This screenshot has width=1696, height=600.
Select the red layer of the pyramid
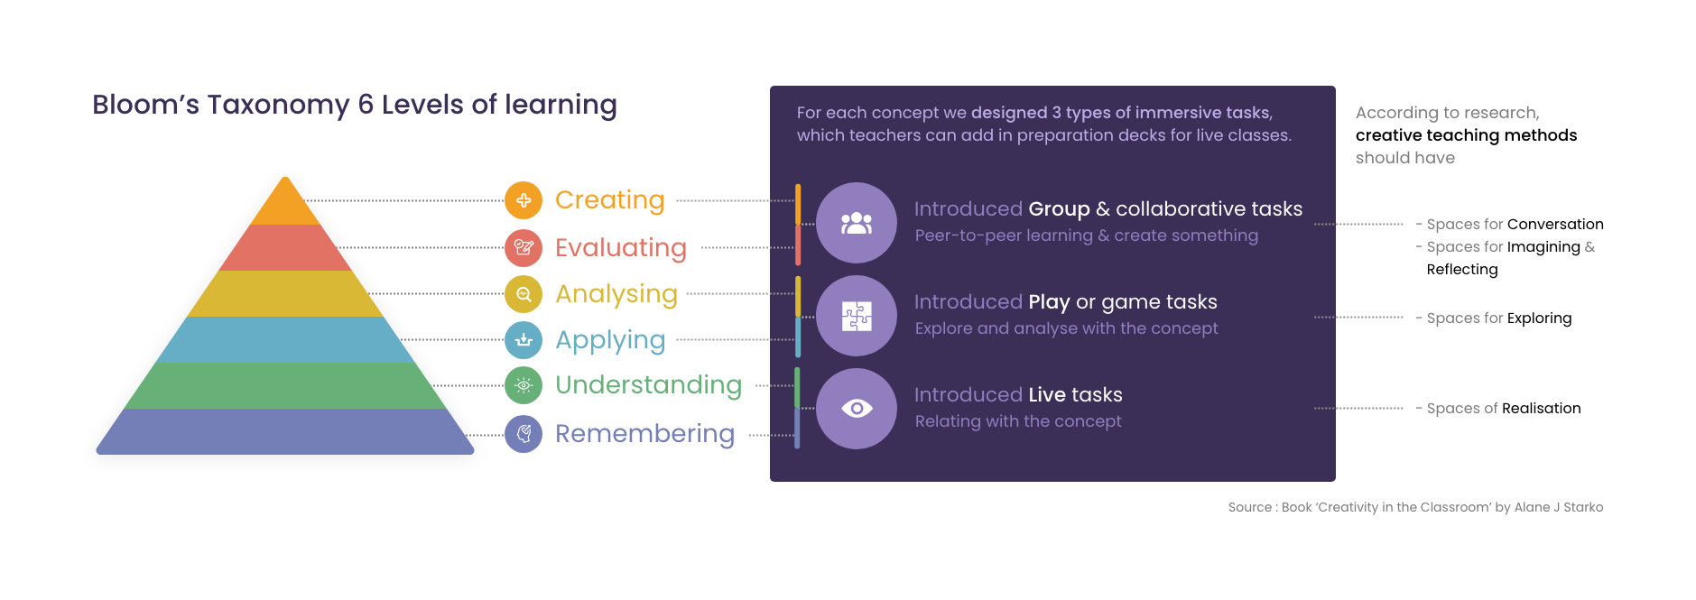click(x=285, y=248)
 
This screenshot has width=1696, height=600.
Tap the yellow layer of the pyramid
click(x=285, y=294)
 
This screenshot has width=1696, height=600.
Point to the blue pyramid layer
click(x=285, y=340)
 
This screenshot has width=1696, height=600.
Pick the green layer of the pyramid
click(x=285, y=386)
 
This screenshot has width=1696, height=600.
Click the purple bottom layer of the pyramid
click(x=285, y=431)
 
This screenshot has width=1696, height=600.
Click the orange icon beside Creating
click(x=524, y=200)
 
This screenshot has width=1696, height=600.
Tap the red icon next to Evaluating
click(x=524, y=248)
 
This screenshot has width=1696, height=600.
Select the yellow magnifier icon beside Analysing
click(x=524, y=294)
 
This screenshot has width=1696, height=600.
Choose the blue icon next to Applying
click(x=524, y=340)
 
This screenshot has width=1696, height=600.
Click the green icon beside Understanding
click(x=524, y=385)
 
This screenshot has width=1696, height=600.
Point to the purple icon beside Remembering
click(x=524, y=434)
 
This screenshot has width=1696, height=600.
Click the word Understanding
click(x=649, y=385)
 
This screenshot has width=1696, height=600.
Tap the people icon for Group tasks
click(x=857, y=223)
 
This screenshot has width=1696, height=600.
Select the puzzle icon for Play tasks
click(x=857, y=316)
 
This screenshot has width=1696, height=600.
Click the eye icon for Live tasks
click(x=857, y=409)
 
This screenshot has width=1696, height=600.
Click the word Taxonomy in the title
click(x=278, y=106)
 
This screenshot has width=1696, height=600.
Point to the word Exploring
click(x=1539, y=318)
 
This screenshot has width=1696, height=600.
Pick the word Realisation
click(x=1542, y=408)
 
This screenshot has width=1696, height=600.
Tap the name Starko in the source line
click(x=1583, y=507)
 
